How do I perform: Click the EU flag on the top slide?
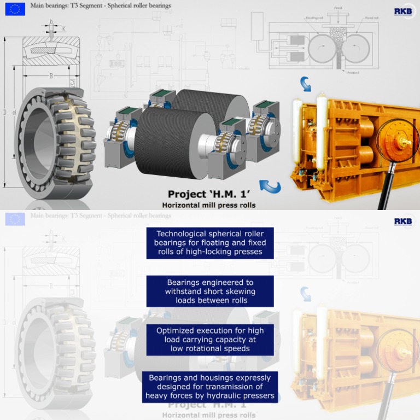coord(15,9)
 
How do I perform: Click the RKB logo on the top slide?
coord(404,11)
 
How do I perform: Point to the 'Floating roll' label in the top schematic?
coord(314,18)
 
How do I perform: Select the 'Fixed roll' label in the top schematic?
coord(372,18)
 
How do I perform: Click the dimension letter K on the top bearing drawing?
coord(63,28)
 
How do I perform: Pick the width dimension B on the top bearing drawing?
coord(51,76)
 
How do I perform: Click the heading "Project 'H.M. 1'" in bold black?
coord(207,194)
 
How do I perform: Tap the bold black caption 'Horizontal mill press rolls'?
coord(208,205)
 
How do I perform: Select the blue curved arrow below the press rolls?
coord(270,186)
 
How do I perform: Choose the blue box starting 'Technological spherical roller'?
coord(209,243)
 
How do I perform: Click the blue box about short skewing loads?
coord(209,291)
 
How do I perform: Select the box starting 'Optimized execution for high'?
coord(209,339)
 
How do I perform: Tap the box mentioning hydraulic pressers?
coord(209,387)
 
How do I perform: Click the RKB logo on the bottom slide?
coord(404,221)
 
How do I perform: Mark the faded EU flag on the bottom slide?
coord(15,219)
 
